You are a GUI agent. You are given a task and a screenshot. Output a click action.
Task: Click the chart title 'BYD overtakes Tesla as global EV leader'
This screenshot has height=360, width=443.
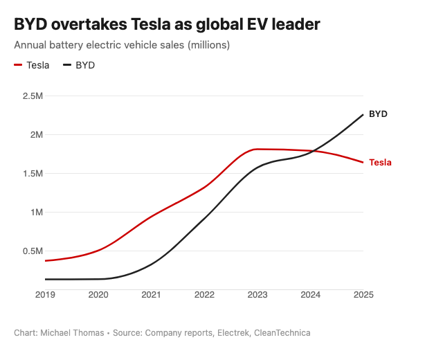tap(167, 25)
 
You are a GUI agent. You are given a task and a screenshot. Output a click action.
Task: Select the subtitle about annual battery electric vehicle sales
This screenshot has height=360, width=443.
tap(122, 45)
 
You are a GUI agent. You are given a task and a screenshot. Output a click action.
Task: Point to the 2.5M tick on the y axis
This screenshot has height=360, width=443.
tap(33, 96)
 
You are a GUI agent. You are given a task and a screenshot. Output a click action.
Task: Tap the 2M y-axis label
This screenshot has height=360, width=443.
tap(36, 134)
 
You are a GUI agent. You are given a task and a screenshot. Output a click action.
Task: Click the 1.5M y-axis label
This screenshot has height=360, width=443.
tap(33, 173)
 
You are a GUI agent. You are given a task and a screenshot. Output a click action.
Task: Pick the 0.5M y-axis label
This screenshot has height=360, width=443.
tap(33, 251)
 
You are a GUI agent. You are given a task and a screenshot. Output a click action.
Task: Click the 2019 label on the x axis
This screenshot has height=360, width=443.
tap(46, 295)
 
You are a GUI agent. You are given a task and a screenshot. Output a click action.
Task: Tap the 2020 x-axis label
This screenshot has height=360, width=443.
tap(98, 295)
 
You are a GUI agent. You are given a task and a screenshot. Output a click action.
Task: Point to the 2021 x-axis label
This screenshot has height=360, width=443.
tap(152, 295)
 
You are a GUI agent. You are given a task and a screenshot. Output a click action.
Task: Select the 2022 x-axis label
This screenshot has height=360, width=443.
tap(204, 295)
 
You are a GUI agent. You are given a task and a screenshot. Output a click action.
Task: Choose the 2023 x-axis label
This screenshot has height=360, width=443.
tap(257, 295)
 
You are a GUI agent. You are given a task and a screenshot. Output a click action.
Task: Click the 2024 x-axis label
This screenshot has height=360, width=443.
tap(310, 295)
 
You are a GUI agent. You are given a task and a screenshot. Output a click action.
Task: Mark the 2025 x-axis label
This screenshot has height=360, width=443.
tap(363, 295)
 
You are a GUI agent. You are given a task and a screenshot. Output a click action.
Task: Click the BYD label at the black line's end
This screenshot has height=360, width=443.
tap(378, 114)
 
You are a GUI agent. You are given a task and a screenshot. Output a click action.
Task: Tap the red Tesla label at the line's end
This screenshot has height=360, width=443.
tap(380, 163)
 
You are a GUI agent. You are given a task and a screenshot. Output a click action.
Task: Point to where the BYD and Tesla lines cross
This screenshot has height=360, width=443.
tap(313, 151)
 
